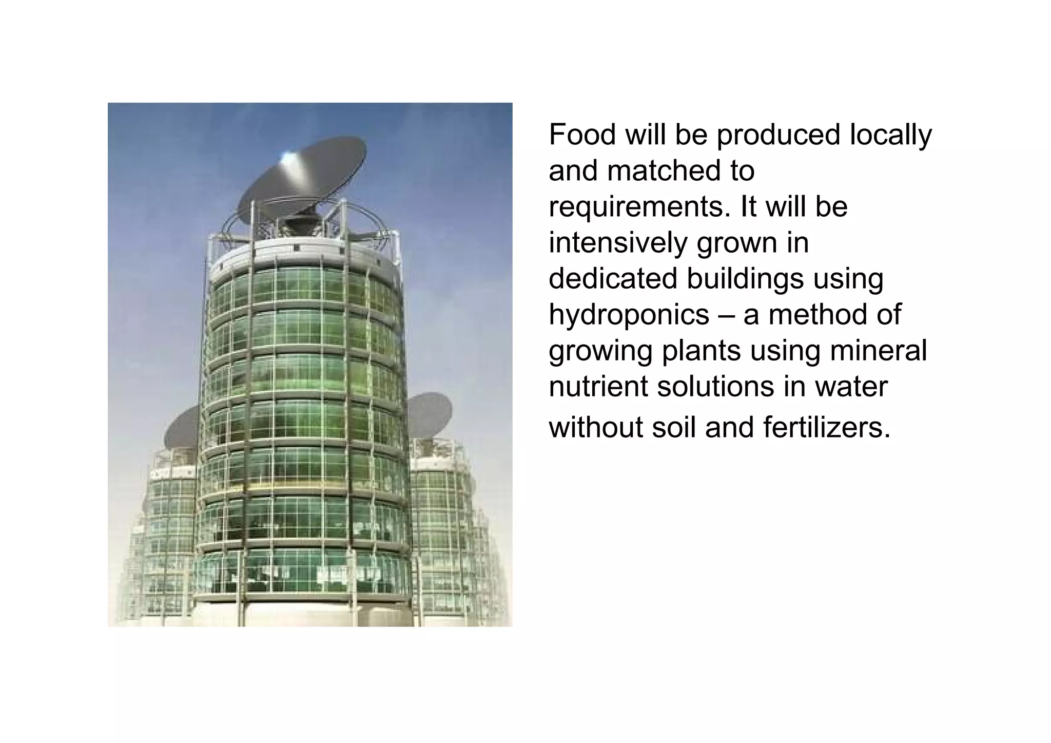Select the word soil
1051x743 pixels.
point(675,427)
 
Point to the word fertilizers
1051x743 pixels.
point(827,427)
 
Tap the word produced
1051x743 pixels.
point(778,135)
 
